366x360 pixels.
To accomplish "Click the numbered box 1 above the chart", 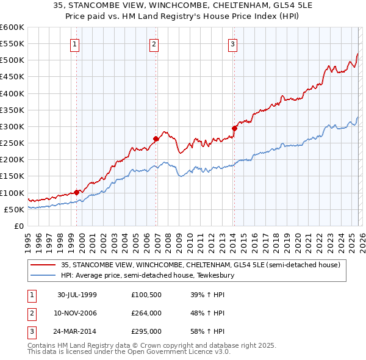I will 74,43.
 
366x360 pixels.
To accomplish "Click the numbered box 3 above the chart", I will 233,43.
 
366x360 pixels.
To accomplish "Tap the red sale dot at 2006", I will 156,139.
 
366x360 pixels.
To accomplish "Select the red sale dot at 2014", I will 234,128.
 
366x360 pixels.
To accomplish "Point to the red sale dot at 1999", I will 77,192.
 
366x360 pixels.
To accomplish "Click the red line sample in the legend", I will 43,265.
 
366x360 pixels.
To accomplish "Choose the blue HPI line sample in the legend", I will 43,275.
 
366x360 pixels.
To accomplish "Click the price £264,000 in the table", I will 146,313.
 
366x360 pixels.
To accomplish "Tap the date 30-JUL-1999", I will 77,295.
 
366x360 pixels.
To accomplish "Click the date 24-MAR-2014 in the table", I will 77,331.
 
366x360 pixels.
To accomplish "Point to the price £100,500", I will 146,295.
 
